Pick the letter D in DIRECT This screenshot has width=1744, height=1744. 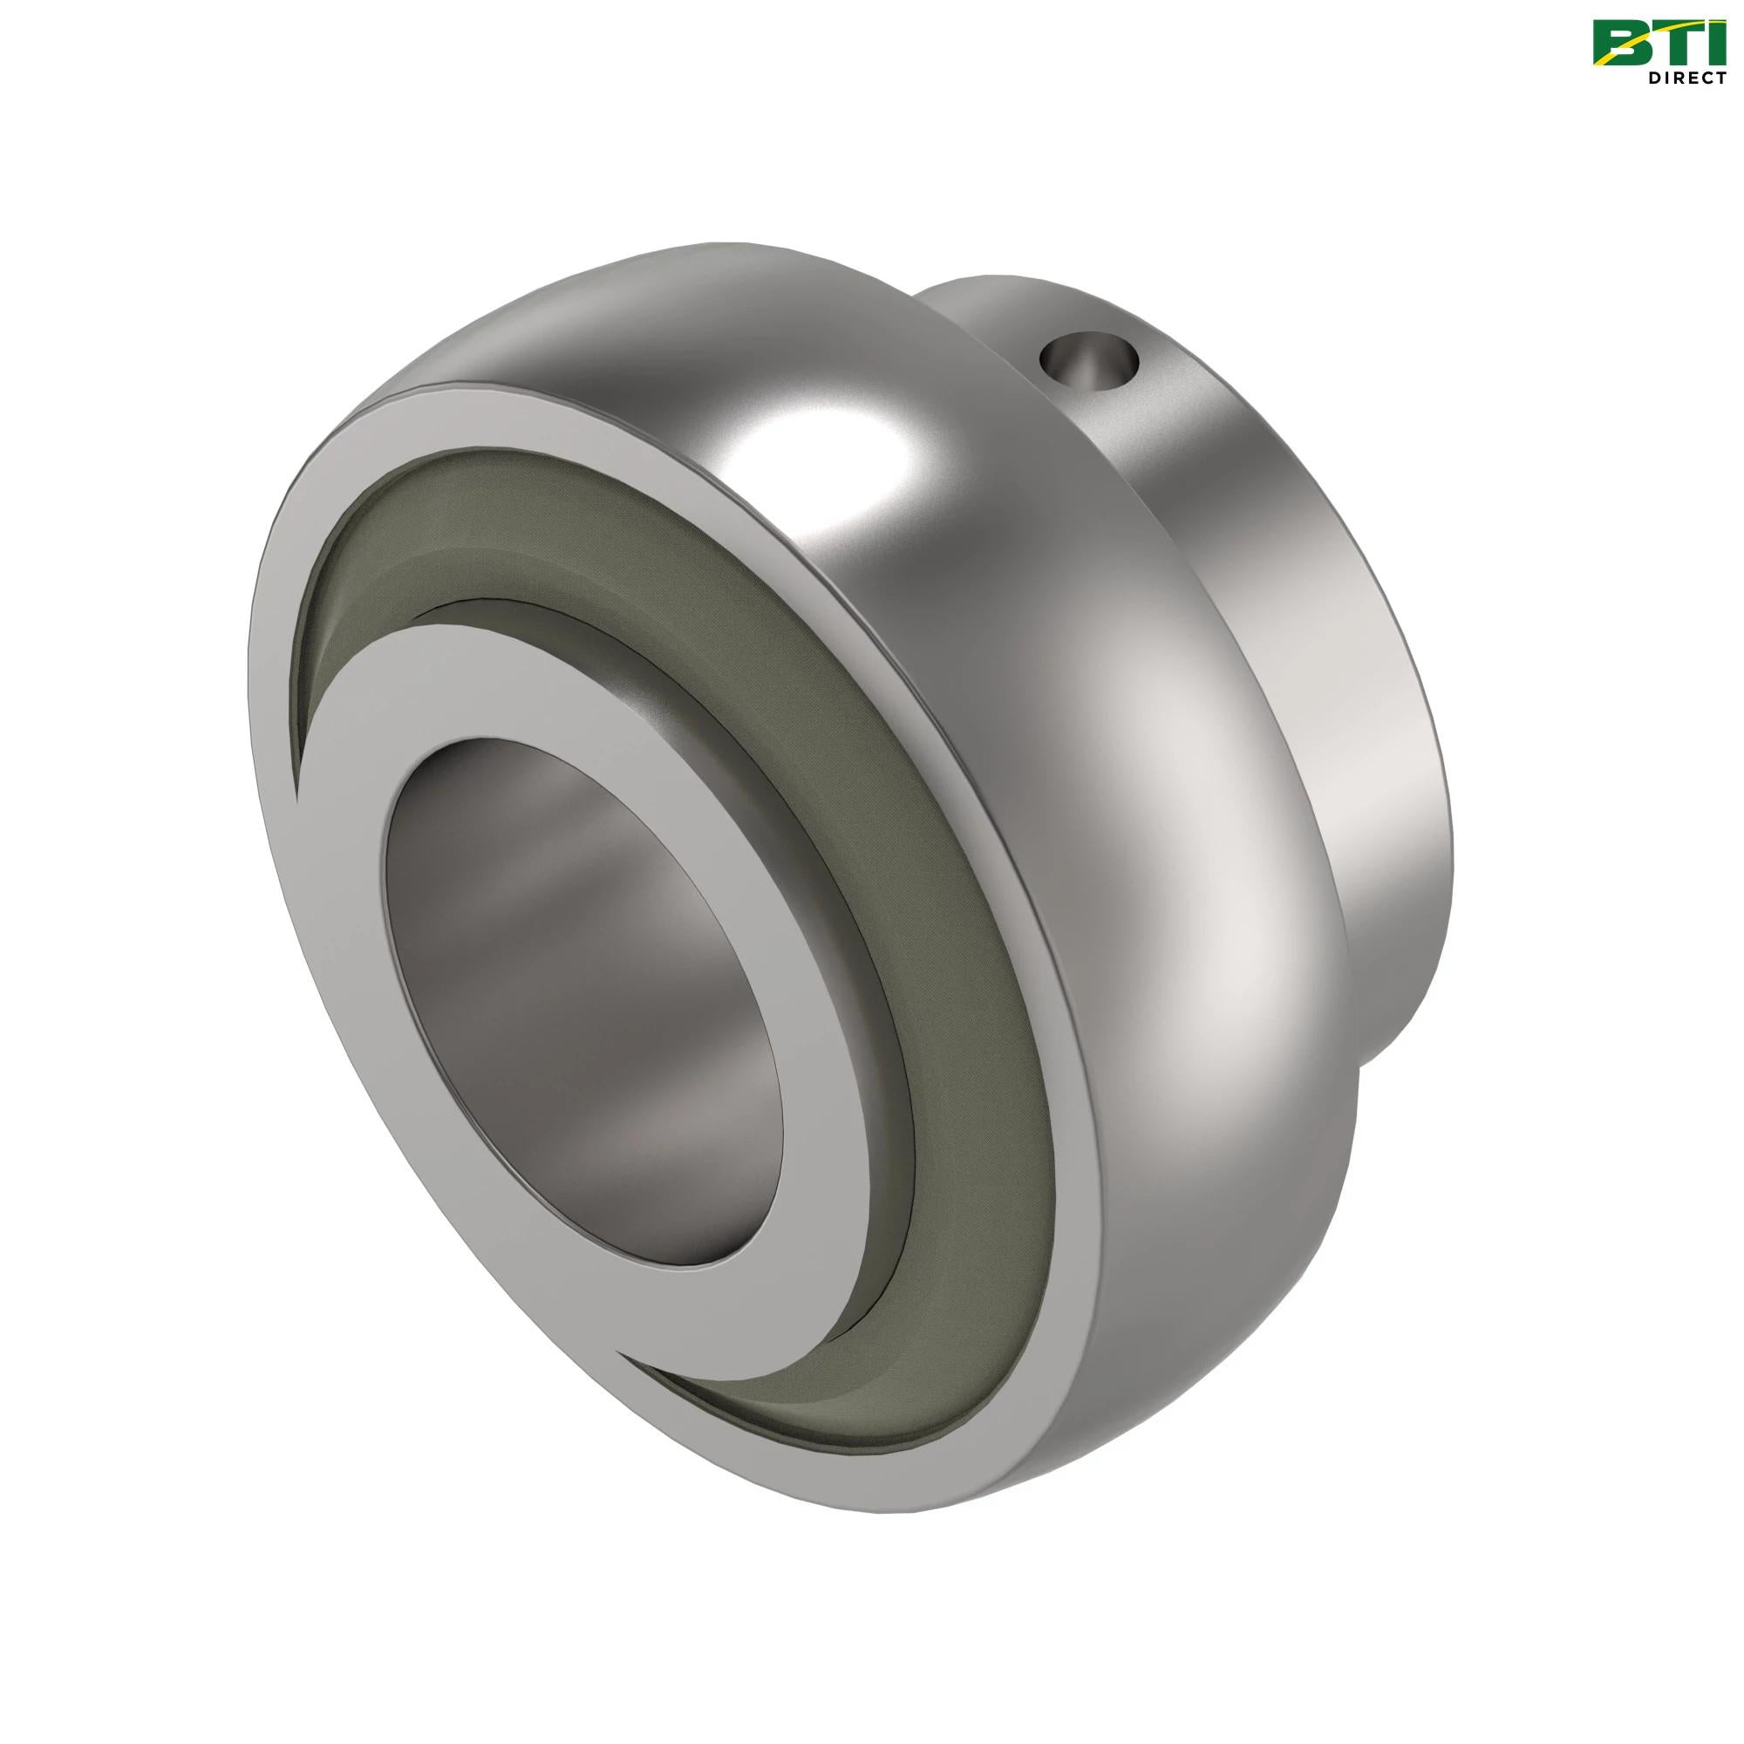[1653, 78]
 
